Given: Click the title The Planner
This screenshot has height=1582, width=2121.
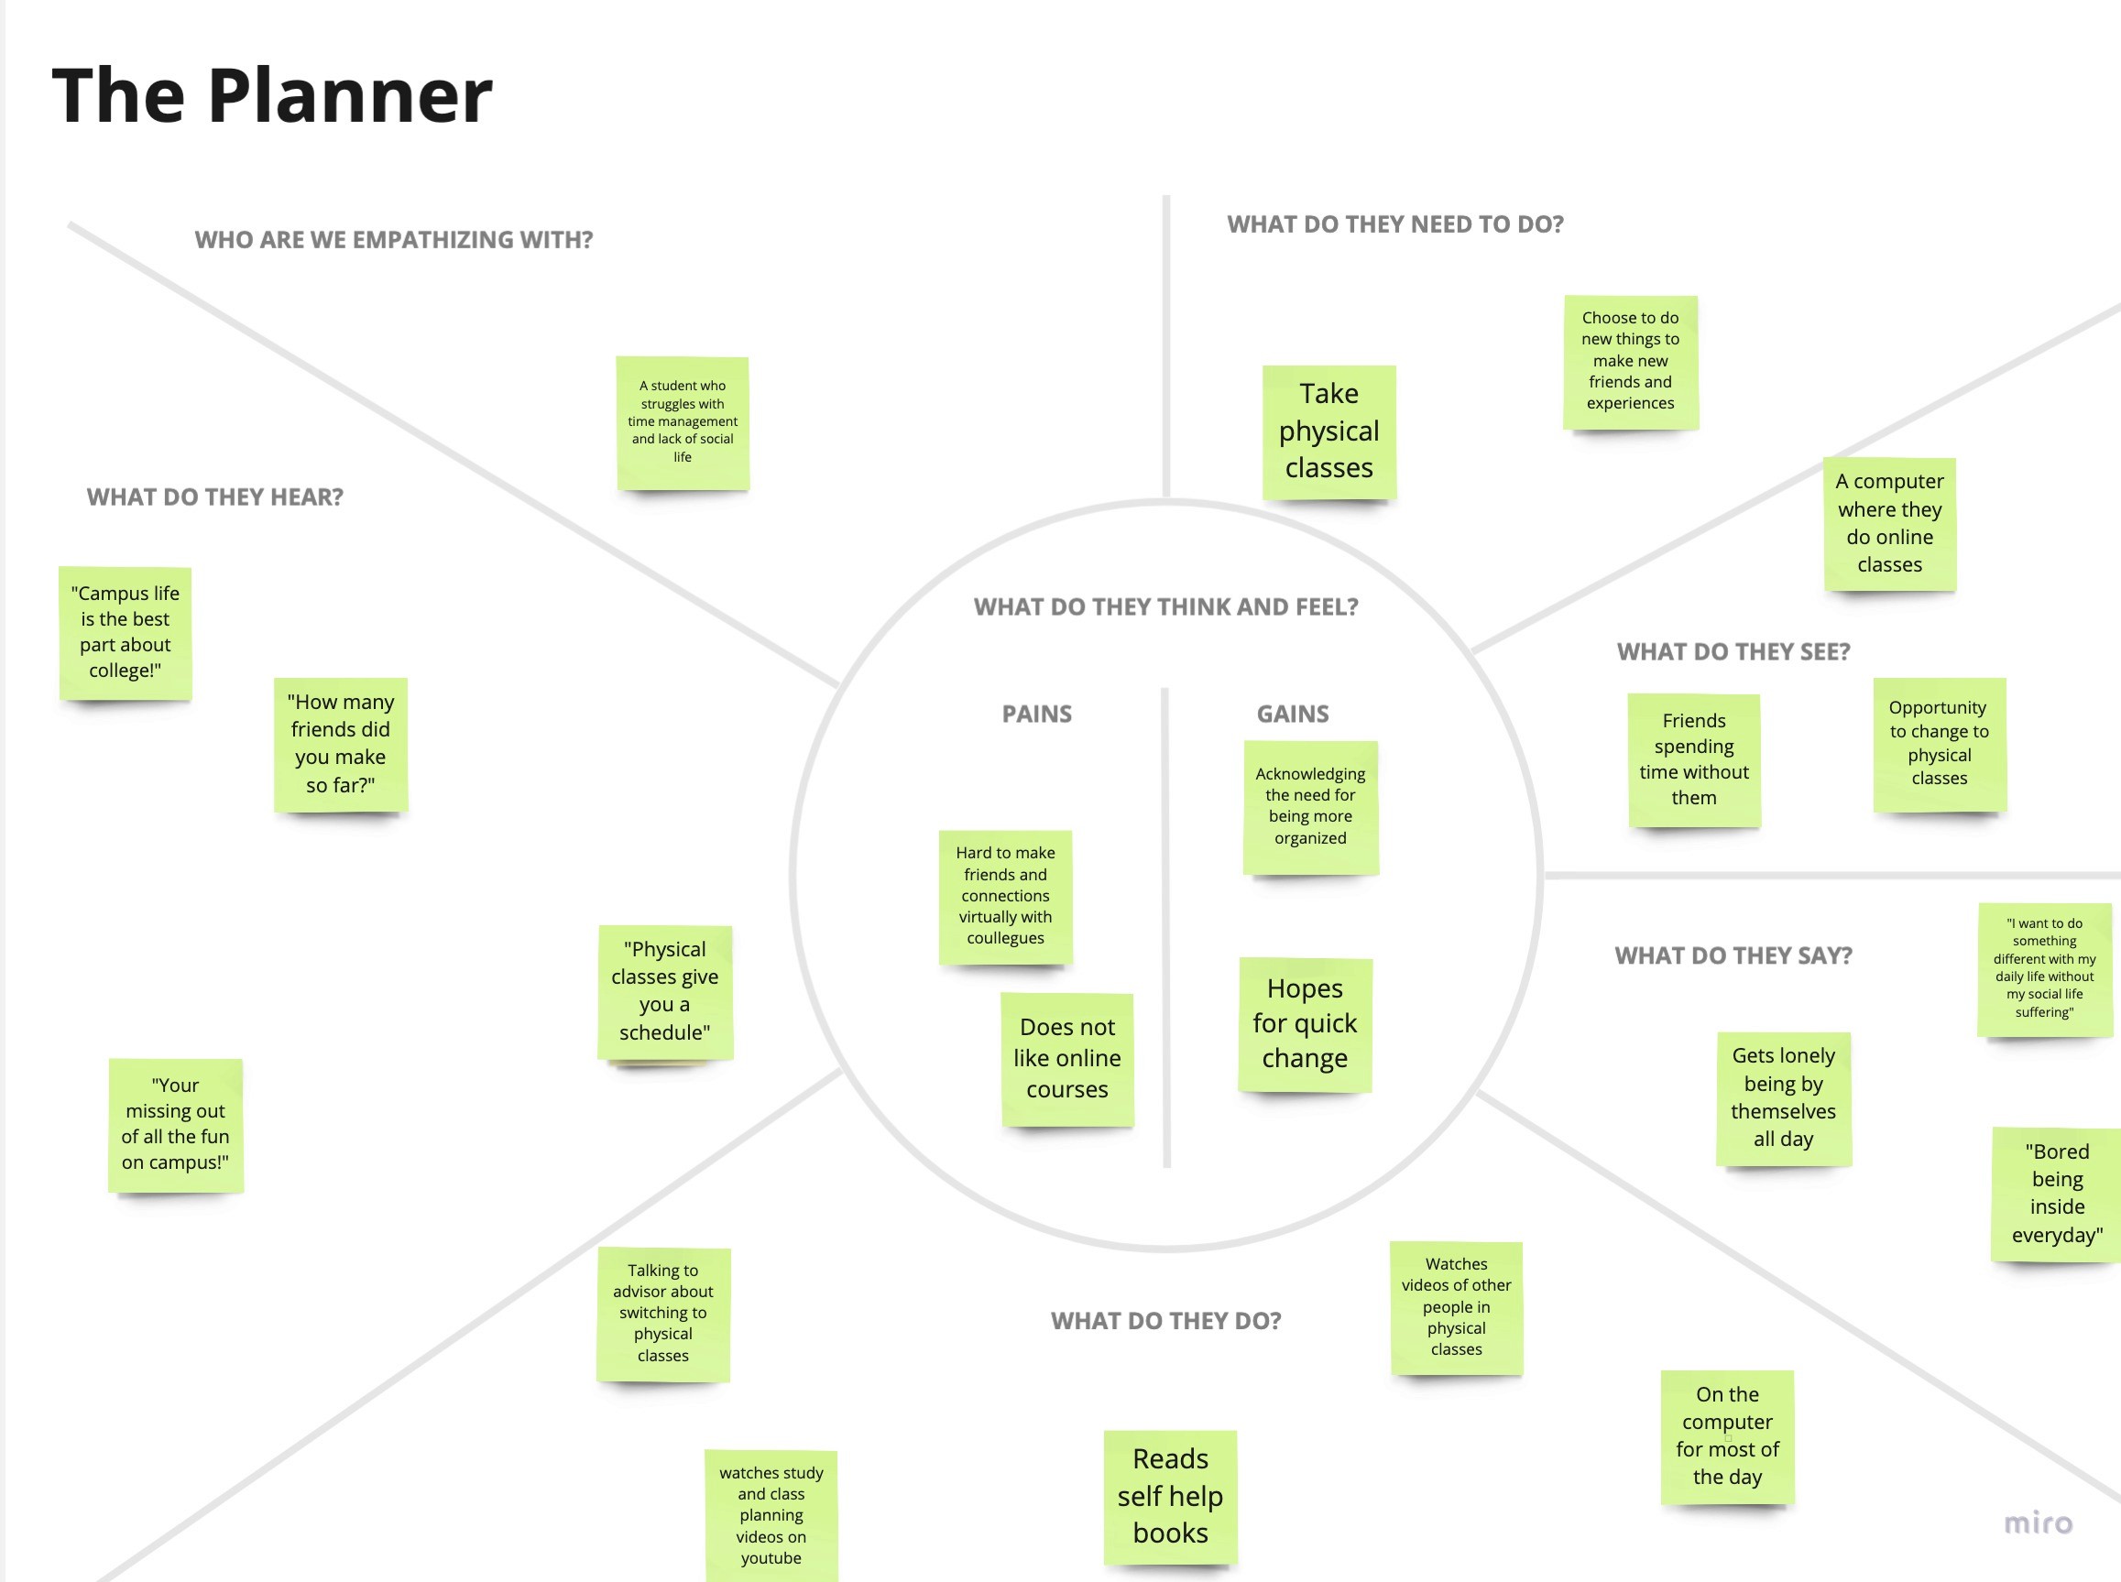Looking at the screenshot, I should click(x=272, y=96).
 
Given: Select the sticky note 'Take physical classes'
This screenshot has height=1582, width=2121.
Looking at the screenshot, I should click(x=1329, y=431).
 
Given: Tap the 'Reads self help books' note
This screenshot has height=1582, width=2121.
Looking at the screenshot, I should click(x=1170, y=1497).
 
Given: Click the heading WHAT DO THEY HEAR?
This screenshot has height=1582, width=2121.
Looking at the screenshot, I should click(x=214, y=497).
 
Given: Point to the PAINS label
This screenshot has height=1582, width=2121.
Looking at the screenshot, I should click(x=1036, y=715).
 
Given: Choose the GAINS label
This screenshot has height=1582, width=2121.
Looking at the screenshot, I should click(x=1293, y=715).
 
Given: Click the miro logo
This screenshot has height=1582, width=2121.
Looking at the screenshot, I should click(x=2038, y=1522).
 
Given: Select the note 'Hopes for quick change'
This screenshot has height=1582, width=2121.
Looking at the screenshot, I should click(x=1306, y=1025).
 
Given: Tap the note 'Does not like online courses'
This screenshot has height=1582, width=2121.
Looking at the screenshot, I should click(x=1067, y=1059).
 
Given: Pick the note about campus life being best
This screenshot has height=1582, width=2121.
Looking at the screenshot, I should click(x=126, y=633).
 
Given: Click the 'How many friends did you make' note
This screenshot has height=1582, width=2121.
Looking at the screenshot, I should click(x=341, y=744).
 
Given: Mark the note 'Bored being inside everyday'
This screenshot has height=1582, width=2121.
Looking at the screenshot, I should click(x=2057, y=1195).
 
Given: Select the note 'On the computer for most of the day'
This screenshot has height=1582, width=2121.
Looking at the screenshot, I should click(x=1727, y=1436).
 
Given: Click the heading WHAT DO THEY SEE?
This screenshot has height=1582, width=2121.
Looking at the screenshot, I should click(x=1733, y=652).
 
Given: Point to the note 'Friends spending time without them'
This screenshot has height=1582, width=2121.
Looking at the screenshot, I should click(x=1694, y=759).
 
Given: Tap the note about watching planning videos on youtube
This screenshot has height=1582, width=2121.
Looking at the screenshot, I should click(x=771, y=1516).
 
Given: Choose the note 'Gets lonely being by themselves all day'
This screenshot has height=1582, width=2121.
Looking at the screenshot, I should click(x=1783, y=1098).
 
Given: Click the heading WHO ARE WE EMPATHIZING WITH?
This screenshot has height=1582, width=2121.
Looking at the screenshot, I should click(x=394, y=240).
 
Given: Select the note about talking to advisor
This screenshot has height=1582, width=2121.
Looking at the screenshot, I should click(x=663, y=1314).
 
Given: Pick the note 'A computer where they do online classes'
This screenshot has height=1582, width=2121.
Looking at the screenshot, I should click(x=1889, y=524).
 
